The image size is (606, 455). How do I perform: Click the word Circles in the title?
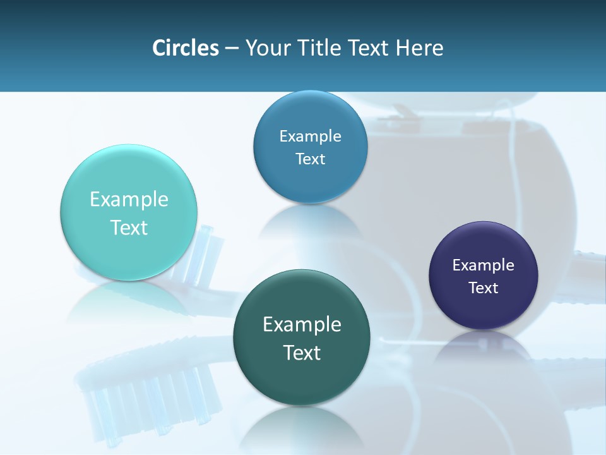pyautogui.click(x=185, y=48)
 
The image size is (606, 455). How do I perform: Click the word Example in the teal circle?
pyautogui.click(x=129, y=200)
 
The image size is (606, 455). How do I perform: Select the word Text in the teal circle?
pyautogui.click(x=129, y=227)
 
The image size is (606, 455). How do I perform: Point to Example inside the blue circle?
pyautogui.click(x=310, y=136)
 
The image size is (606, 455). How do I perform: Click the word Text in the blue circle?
pyautogui.click(x=310, y=159)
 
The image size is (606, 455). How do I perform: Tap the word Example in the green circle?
pyautogui.click(x=302, y=325)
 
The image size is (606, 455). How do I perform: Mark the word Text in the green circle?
pyautogui.click(x=302, y=353)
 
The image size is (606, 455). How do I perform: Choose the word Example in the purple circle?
pyautogui.click(x=483, y=265)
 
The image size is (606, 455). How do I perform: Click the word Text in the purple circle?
pyautogui.click(x=483, y=288)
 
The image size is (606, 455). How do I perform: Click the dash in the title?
pyautogui.click(x=232, y=49)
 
